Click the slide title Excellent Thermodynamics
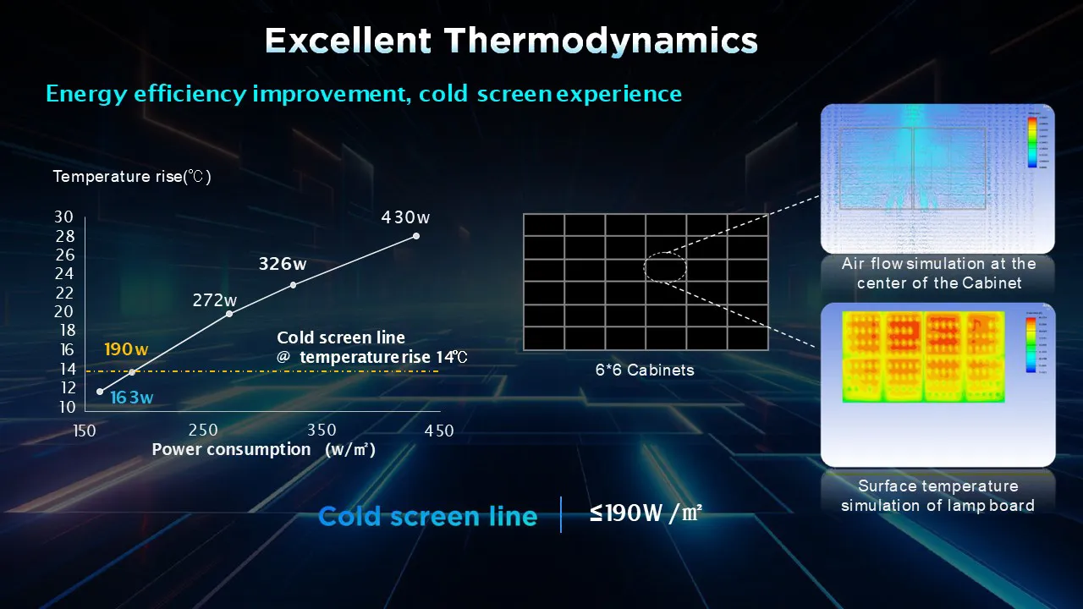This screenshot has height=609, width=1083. (511, 41)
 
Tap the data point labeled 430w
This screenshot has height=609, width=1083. (415, 236)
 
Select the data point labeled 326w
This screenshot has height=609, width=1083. (293, 284)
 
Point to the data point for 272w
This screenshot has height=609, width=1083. (229, 314)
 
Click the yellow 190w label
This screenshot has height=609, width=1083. (126, 349)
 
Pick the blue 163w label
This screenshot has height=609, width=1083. (132, 398)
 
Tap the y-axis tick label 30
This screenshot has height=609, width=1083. (65, 217)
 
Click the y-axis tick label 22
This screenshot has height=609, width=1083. (65, 293)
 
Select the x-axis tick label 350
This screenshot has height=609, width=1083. (322, 431)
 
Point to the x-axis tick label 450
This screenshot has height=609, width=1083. (439, 431)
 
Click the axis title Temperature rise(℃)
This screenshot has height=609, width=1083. (131, 177)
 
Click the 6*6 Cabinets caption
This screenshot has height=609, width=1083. (645, 370)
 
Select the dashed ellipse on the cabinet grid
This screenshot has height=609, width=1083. (665, 267)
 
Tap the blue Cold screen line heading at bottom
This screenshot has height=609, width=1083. (427, 516)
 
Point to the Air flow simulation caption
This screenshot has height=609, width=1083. (937, 273)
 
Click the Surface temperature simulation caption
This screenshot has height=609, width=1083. (937, 496)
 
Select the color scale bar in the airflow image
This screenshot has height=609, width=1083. (1031, 141)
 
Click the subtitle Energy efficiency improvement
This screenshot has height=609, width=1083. (364, 93)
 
